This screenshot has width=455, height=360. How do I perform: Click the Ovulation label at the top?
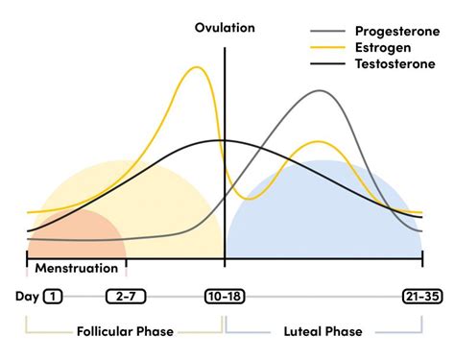(x=225, y=28)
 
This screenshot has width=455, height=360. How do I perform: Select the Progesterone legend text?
(x=397, y=32)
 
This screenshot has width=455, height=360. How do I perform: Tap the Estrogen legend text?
(x=383, y=48)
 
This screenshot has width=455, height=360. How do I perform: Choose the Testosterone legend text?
(x=395, y=63)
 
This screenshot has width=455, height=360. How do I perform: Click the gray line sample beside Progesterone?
(x=328, y=32)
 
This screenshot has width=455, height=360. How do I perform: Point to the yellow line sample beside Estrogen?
(x=328, y=48)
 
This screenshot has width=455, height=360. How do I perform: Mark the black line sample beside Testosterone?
(x=328, y=63)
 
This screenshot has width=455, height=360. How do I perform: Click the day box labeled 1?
(x=53, y=297)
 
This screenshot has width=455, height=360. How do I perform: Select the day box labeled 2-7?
(x=126, y=297)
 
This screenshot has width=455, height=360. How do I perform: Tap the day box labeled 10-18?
(x=225, y=297)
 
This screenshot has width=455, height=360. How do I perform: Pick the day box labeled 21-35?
(x=422, y=297)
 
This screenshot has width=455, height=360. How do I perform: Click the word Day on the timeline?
(x=27, y=297)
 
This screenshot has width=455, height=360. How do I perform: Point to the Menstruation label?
(x=77, y=268)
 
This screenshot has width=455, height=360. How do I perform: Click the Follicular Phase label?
(x=125, y=331)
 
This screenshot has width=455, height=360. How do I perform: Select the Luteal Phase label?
(x=323, y=331)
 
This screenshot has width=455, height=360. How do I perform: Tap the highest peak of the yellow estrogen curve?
(x=197, y=67)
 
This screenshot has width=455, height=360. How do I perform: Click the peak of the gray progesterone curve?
(x=320, y=91)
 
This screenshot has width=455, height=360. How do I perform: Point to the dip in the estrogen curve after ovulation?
(x=250, y=199)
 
